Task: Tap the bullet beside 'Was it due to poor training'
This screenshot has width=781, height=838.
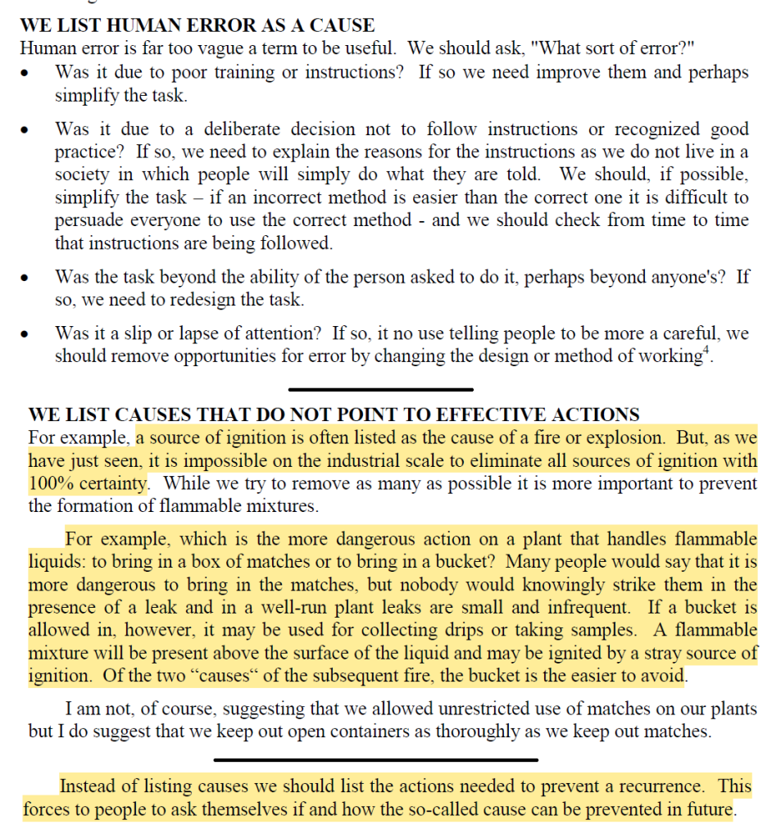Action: (29, 74)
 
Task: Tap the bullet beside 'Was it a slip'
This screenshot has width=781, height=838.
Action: (29, 335)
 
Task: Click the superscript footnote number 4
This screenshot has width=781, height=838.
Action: (704, 351)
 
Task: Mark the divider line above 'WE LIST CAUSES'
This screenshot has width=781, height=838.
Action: (380, 389)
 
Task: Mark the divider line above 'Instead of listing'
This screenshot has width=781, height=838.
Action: (375, 759)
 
